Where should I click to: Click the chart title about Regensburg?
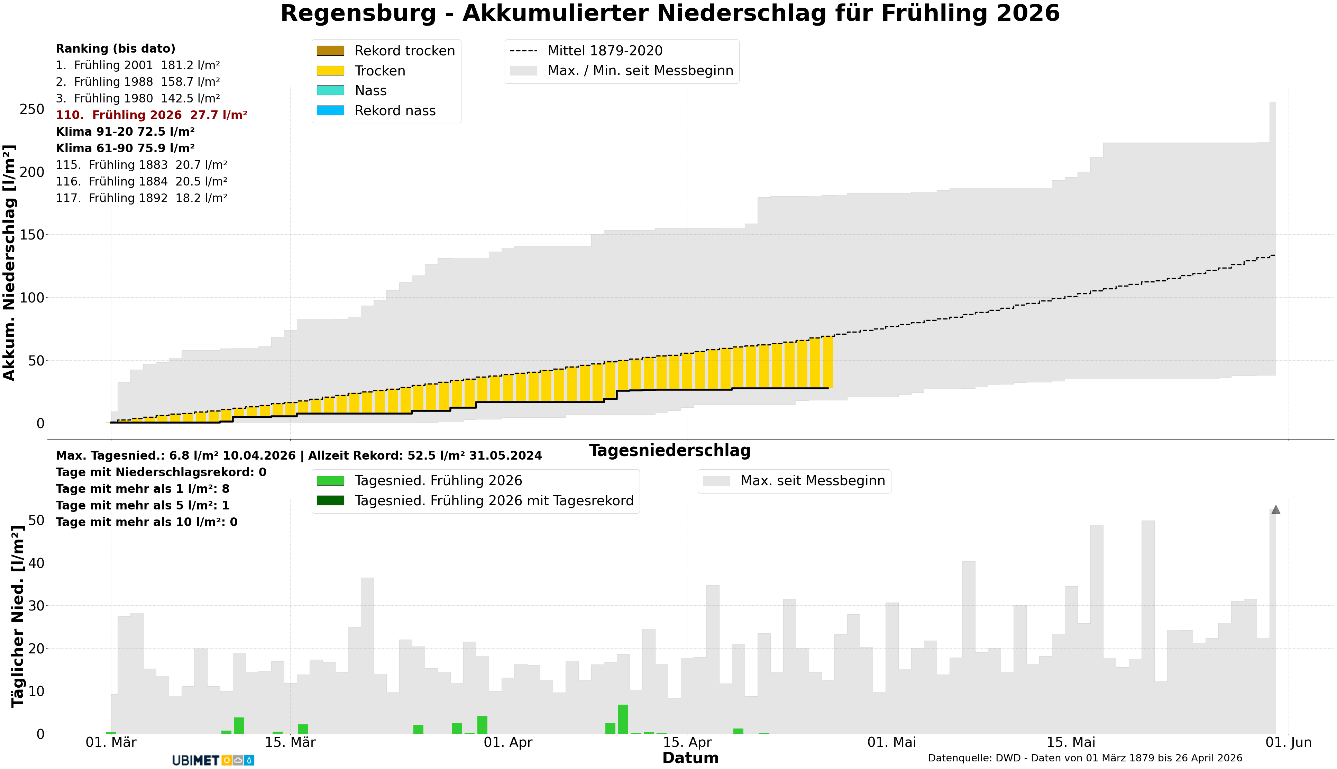(669, 14)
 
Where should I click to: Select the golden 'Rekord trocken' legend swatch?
(330, 51)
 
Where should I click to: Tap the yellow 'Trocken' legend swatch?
(330, 71)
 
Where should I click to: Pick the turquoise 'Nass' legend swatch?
(330, 91)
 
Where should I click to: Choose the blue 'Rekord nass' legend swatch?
(330, 111)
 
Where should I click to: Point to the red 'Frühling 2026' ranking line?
(152, 115)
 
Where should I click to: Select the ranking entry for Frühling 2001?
(138, 65)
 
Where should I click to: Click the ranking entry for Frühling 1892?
(141, 198)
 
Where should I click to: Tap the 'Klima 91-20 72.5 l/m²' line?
(125, 132)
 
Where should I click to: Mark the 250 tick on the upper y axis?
(32, 109)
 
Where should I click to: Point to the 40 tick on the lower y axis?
(36, 563)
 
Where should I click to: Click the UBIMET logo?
(213, 760)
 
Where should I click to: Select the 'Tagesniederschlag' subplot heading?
(669, 451)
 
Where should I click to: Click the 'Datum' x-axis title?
(690, 758)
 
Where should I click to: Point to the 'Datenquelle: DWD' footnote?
(1085, 758)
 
